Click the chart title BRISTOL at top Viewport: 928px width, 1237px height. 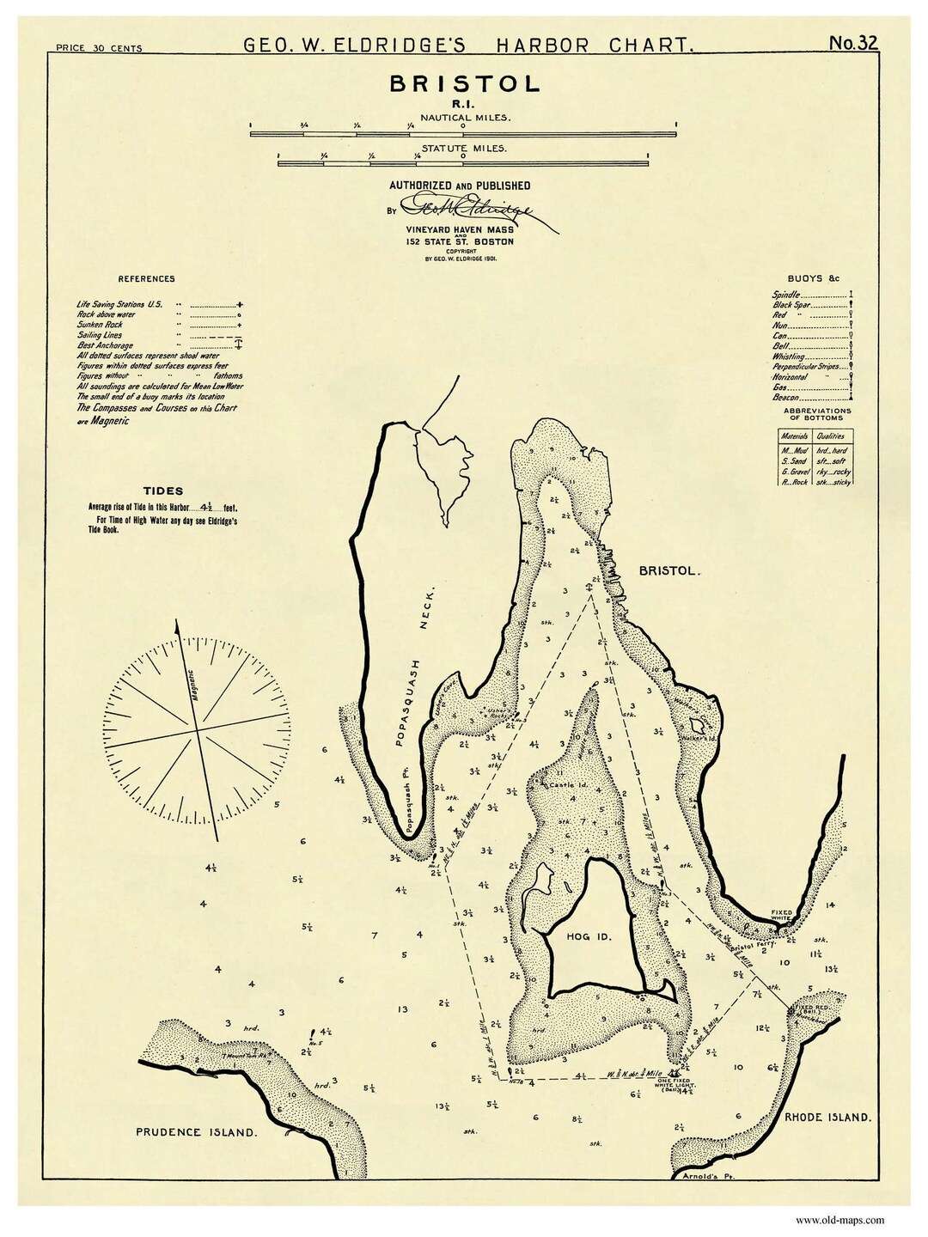click(465, 83)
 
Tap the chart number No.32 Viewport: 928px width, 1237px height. click(853, 43)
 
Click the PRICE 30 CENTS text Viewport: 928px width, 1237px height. click(98, 49)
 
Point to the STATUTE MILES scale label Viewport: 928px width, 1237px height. click(464, 148)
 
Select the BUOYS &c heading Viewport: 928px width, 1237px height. click(812, 279)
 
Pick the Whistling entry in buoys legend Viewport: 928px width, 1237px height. click(789, 356)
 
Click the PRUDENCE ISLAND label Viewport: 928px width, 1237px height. click(196, 1132)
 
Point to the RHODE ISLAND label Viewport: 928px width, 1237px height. click(827, 1118)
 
